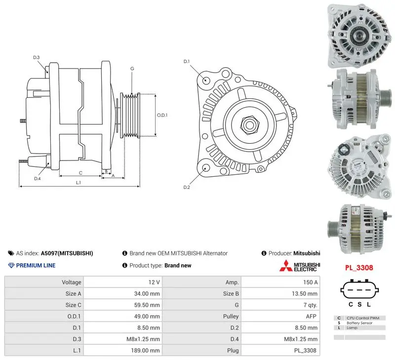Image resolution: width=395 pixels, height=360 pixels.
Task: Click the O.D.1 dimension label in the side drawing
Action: click(162, 115)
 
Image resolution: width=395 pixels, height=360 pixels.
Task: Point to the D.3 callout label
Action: click(37, 57)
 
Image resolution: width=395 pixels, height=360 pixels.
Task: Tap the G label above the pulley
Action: click(132, 69)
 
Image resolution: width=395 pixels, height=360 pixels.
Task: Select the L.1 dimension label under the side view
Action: click(79, 182)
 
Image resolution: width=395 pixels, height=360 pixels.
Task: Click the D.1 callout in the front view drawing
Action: click(187, 61)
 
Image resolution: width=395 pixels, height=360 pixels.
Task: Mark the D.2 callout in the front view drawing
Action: click(187, 187)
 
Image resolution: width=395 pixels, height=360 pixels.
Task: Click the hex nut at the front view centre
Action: click(249, 125)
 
